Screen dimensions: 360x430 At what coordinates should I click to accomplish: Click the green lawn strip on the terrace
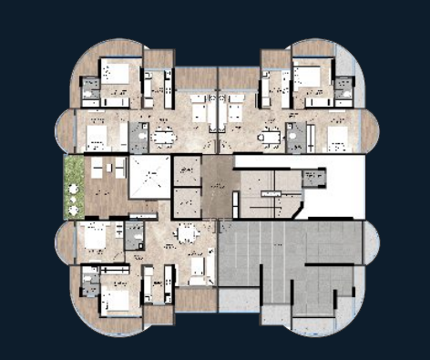[74, 187]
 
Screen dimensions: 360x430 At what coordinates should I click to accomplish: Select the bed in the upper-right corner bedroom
[306, 75]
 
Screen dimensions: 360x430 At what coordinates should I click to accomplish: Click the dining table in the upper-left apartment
[164, 138]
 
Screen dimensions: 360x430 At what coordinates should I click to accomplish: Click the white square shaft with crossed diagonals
[149, 176]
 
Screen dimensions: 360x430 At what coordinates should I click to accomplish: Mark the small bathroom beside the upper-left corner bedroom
[90, 88]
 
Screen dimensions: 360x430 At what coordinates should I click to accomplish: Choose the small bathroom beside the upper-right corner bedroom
[343, 88]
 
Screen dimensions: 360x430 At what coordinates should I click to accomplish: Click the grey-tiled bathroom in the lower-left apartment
[133, 234]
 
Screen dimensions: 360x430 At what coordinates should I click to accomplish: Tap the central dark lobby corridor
[217, 187]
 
